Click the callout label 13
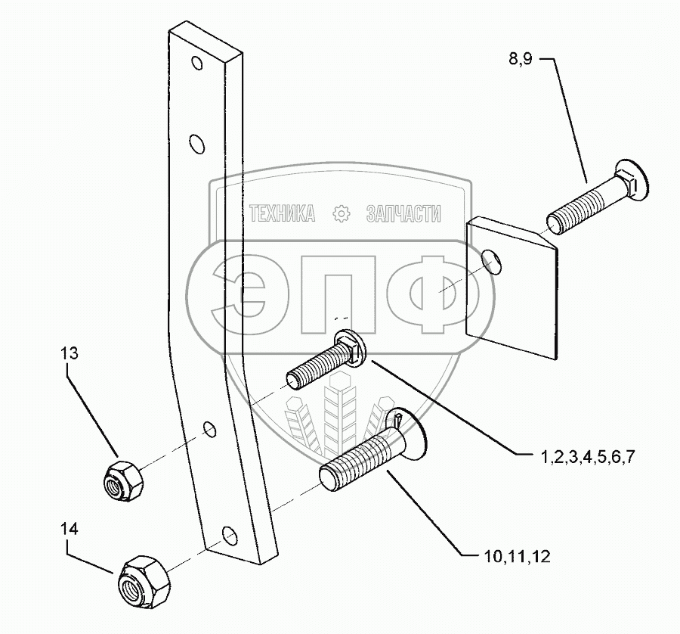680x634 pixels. (x=69, y=353)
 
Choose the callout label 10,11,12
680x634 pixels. (x=515, y=558)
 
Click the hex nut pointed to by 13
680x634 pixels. (x=118, y=477)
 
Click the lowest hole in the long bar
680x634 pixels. (x=227, y=537)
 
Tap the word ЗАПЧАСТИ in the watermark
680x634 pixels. (x=403, y=214)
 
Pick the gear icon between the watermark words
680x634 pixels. (x=342, y=214)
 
